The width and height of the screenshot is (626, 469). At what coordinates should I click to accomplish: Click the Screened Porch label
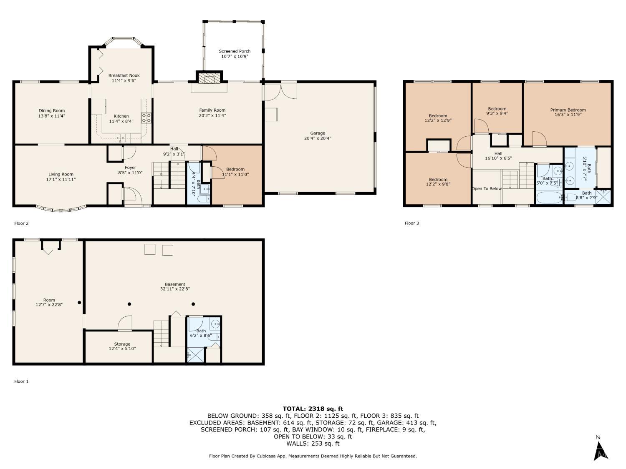pos(235,51)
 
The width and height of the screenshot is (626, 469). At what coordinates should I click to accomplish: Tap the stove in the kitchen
pos(146,118)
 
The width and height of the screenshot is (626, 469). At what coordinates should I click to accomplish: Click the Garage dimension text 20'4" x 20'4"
pos(318,138)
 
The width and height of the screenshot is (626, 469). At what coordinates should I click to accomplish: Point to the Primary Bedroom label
pos(568,110)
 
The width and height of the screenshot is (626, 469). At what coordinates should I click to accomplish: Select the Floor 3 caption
pos(412,223)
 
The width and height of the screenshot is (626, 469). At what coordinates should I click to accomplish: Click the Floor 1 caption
pos(21,381)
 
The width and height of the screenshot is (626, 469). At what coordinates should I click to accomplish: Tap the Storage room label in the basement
pos(122,344)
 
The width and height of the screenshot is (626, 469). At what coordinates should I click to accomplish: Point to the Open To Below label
pos(487,188)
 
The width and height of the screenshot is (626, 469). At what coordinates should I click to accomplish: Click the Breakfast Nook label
pos(124,75)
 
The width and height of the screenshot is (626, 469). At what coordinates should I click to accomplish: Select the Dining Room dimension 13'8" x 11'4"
pos(52,116)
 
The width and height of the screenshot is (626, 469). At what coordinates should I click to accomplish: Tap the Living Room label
pos(61,174)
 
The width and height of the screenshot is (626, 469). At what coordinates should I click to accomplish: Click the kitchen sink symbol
pos(120,138)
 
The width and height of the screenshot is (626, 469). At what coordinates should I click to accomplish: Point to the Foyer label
pos(130,168)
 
